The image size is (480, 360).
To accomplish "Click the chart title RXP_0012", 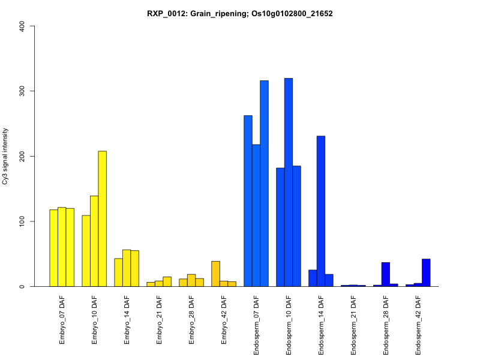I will pyautogui.click(x=240, y=13).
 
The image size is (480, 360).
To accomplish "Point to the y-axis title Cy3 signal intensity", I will pyautogui.click(x=5, y=156).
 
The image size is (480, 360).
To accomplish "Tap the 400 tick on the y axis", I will pyautogui.click(x=23, y=26).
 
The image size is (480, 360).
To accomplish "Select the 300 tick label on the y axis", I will pyautogui.click(x=23, y=91).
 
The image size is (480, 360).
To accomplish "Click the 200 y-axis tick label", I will pyautogui.click(x=23, y=156).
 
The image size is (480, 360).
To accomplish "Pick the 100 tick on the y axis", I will pyautogui.click(x=23, y=221).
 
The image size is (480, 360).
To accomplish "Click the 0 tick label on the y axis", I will pyautogui.click(x=23, y=286).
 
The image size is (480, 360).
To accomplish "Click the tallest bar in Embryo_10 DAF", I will pyautogui.click(x=103, y=218).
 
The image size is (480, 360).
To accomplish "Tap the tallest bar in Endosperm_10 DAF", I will pyautogui.click(x=289, y=182).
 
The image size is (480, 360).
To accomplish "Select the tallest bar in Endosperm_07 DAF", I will pyautogui.click(x=264, y=184).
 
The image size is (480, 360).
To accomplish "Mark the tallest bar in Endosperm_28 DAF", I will pyautogui.click(x=386, y=275).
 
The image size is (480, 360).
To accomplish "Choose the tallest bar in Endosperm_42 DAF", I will pyautogui.click(x=426, y=273).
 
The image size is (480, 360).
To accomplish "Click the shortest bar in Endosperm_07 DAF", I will pyautogui.click(x=256, y=215).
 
